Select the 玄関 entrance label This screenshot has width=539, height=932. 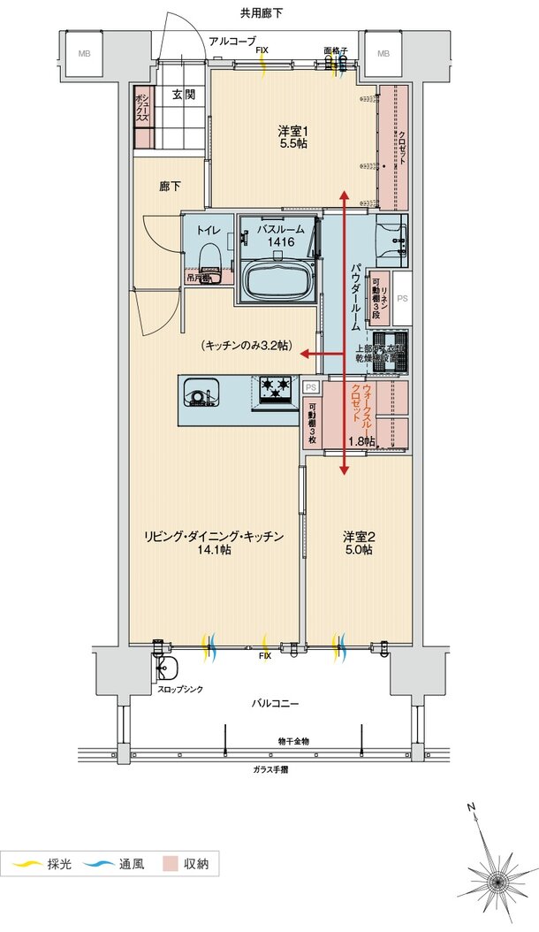pos(183,95)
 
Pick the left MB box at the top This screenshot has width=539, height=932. pos(84,54)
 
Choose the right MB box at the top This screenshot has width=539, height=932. pos(383,54)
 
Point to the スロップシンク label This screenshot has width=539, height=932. pos(180,689)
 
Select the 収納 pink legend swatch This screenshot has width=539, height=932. pos(171,863)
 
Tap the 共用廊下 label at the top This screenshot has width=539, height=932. pos(261,12)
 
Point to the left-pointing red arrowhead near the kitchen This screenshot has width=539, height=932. pos(302,355)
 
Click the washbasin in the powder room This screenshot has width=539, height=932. pos(391,237)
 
